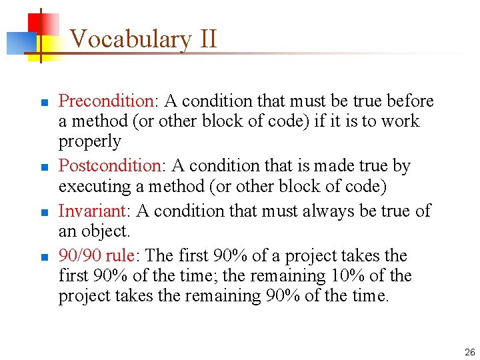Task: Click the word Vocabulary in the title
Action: (130, 39)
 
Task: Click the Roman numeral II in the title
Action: (207, 39)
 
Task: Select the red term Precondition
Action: (106, 101)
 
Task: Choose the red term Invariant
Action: (92, 211)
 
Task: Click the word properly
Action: (90, 142)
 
